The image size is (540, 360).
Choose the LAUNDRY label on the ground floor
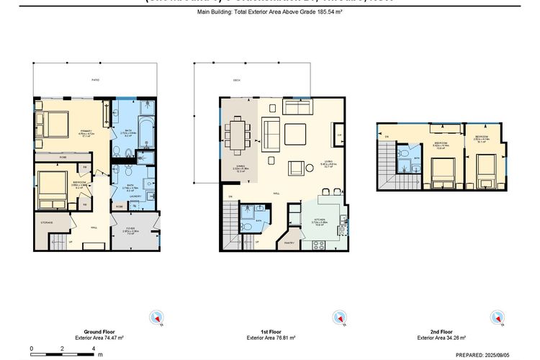click(134, 195)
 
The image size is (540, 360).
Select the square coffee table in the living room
click(294, 134)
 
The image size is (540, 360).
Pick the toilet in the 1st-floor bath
click(246, 227)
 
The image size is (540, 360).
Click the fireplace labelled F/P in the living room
click(339, 134)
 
